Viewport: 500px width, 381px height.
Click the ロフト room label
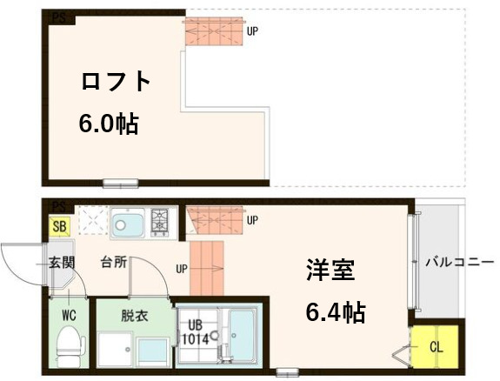coord(115,83)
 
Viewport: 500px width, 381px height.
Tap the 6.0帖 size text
coord(109,123)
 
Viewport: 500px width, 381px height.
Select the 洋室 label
coord(330,271)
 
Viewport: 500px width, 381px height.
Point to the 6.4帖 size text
coord(335,311)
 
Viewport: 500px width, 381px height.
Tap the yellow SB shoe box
coord(59,226)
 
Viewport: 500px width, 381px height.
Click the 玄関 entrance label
coord(60,262)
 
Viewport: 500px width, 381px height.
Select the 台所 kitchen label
coord(114,262)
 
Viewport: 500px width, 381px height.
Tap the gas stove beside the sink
coord(161,222)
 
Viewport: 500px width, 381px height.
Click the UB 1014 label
coord(194,334)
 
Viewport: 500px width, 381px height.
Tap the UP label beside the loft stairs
coord(252,31)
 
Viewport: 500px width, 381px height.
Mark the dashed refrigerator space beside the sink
coord(93,221)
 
